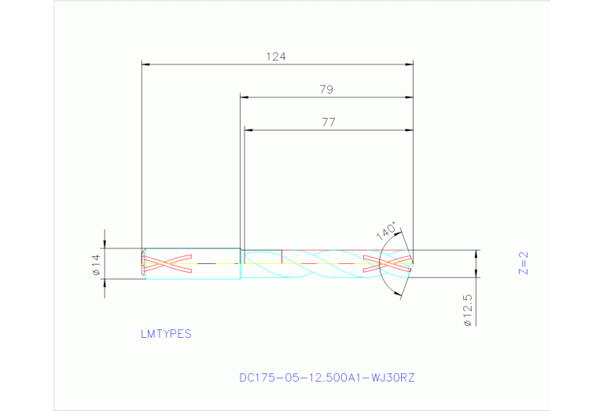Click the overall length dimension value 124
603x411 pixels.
[x=275, y=57]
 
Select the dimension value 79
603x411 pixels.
[x=326, y=90]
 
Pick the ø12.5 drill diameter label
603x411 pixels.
[x=468, y=311]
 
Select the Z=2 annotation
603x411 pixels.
[x=524, y=264]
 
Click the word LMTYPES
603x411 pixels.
[x=166, y=333]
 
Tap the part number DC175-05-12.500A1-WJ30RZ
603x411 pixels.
[x=326, y=377]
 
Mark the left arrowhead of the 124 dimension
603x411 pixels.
[x=145, y=65]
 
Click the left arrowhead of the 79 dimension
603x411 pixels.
[x=244, y=97]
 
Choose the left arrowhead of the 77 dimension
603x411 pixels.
[x=248, y=129]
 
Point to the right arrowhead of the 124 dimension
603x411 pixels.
[x=409, y=65]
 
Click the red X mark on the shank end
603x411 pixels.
[x=167, y=264]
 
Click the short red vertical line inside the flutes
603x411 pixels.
[x=281, y=256]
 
